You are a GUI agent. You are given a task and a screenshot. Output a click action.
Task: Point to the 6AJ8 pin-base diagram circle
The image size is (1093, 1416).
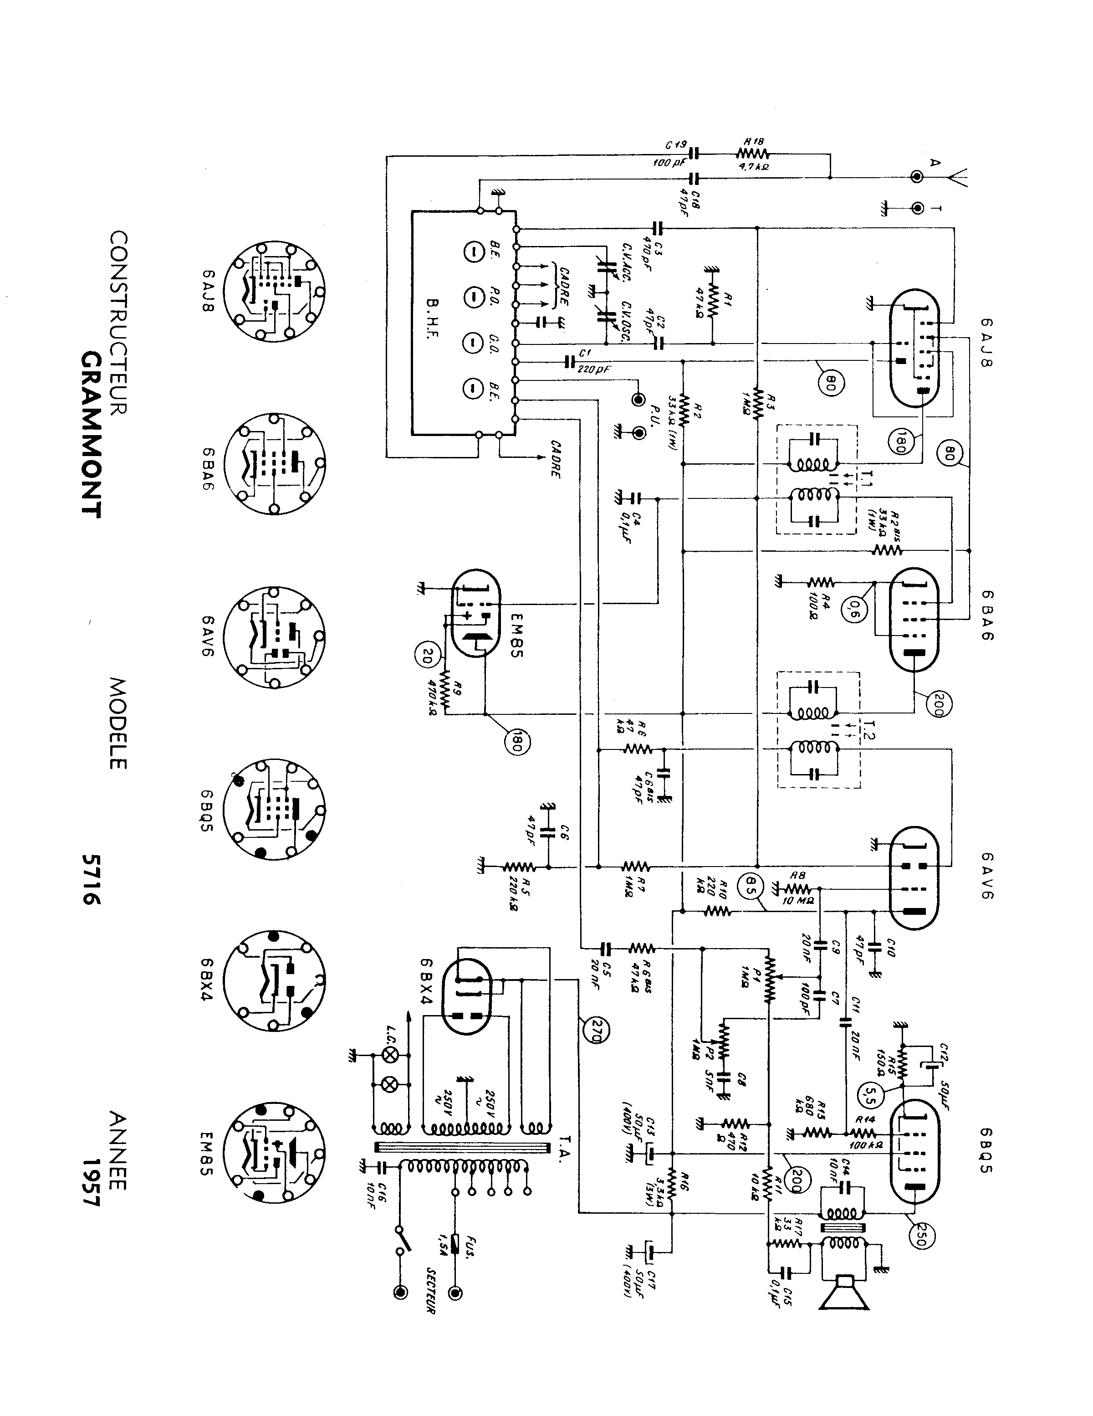[274, 291]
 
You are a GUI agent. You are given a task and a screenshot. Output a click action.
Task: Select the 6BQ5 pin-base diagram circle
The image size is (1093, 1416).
[274, 809]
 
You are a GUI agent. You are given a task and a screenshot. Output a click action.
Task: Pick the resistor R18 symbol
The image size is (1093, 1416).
[752, 154]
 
